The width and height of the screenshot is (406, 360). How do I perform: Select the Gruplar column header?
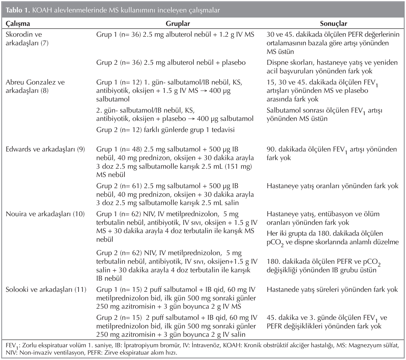[x=178, y=24]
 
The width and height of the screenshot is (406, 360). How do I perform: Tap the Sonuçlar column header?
[x=334, y=24]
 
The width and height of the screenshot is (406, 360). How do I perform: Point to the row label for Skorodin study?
[x=27, y=38]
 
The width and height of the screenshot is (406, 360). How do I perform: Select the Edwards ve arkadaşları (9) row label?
[x=45, y=149]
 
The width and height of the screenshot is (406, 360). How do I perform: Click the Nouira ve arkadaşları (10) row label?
[x=45, y=214]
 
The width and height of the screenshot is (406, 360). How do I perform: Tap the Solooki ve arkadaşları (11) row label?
[x=46, y=290]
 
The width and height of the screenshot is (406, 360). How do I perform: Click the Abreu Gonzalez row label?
[x=35, y=86]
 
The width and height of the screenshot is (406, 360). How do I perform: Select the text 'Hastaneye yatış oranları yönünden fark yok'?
[x=332, y=186]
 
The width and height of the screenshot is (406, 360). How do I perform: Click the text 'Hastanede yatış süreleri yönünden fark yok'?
[x=332, y=290]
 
